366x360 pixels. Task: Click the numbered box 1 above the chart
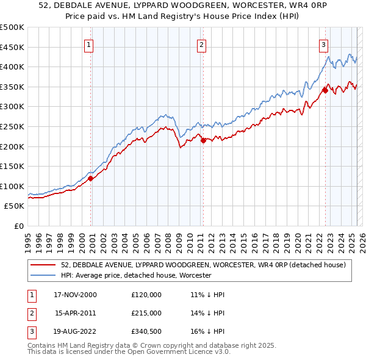pyautogui.click(x=88, y=44)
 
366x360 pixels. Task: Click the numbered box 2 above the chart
pyautogui.click(x=201, y=44)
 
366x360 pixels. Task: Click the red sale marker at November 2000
pyautogui.click(x=91, y=179)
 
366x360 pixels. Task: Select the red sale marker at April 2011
pyautogui.click(x=203, y=140)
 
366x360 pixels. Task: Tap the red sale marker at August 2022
pyautogui.click(x=325, y=91)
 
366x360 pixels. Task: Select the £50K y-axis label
pyautogui.click(x=15, y=206)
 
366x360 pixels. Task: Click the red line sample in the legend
pyautogui.click(x=43, y=265)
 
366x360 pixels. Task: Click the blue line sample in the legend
pyautogui.click(x=43, y=275)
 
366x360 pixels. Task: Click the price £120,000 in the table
pyautogui.click(x=146, y=295)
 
